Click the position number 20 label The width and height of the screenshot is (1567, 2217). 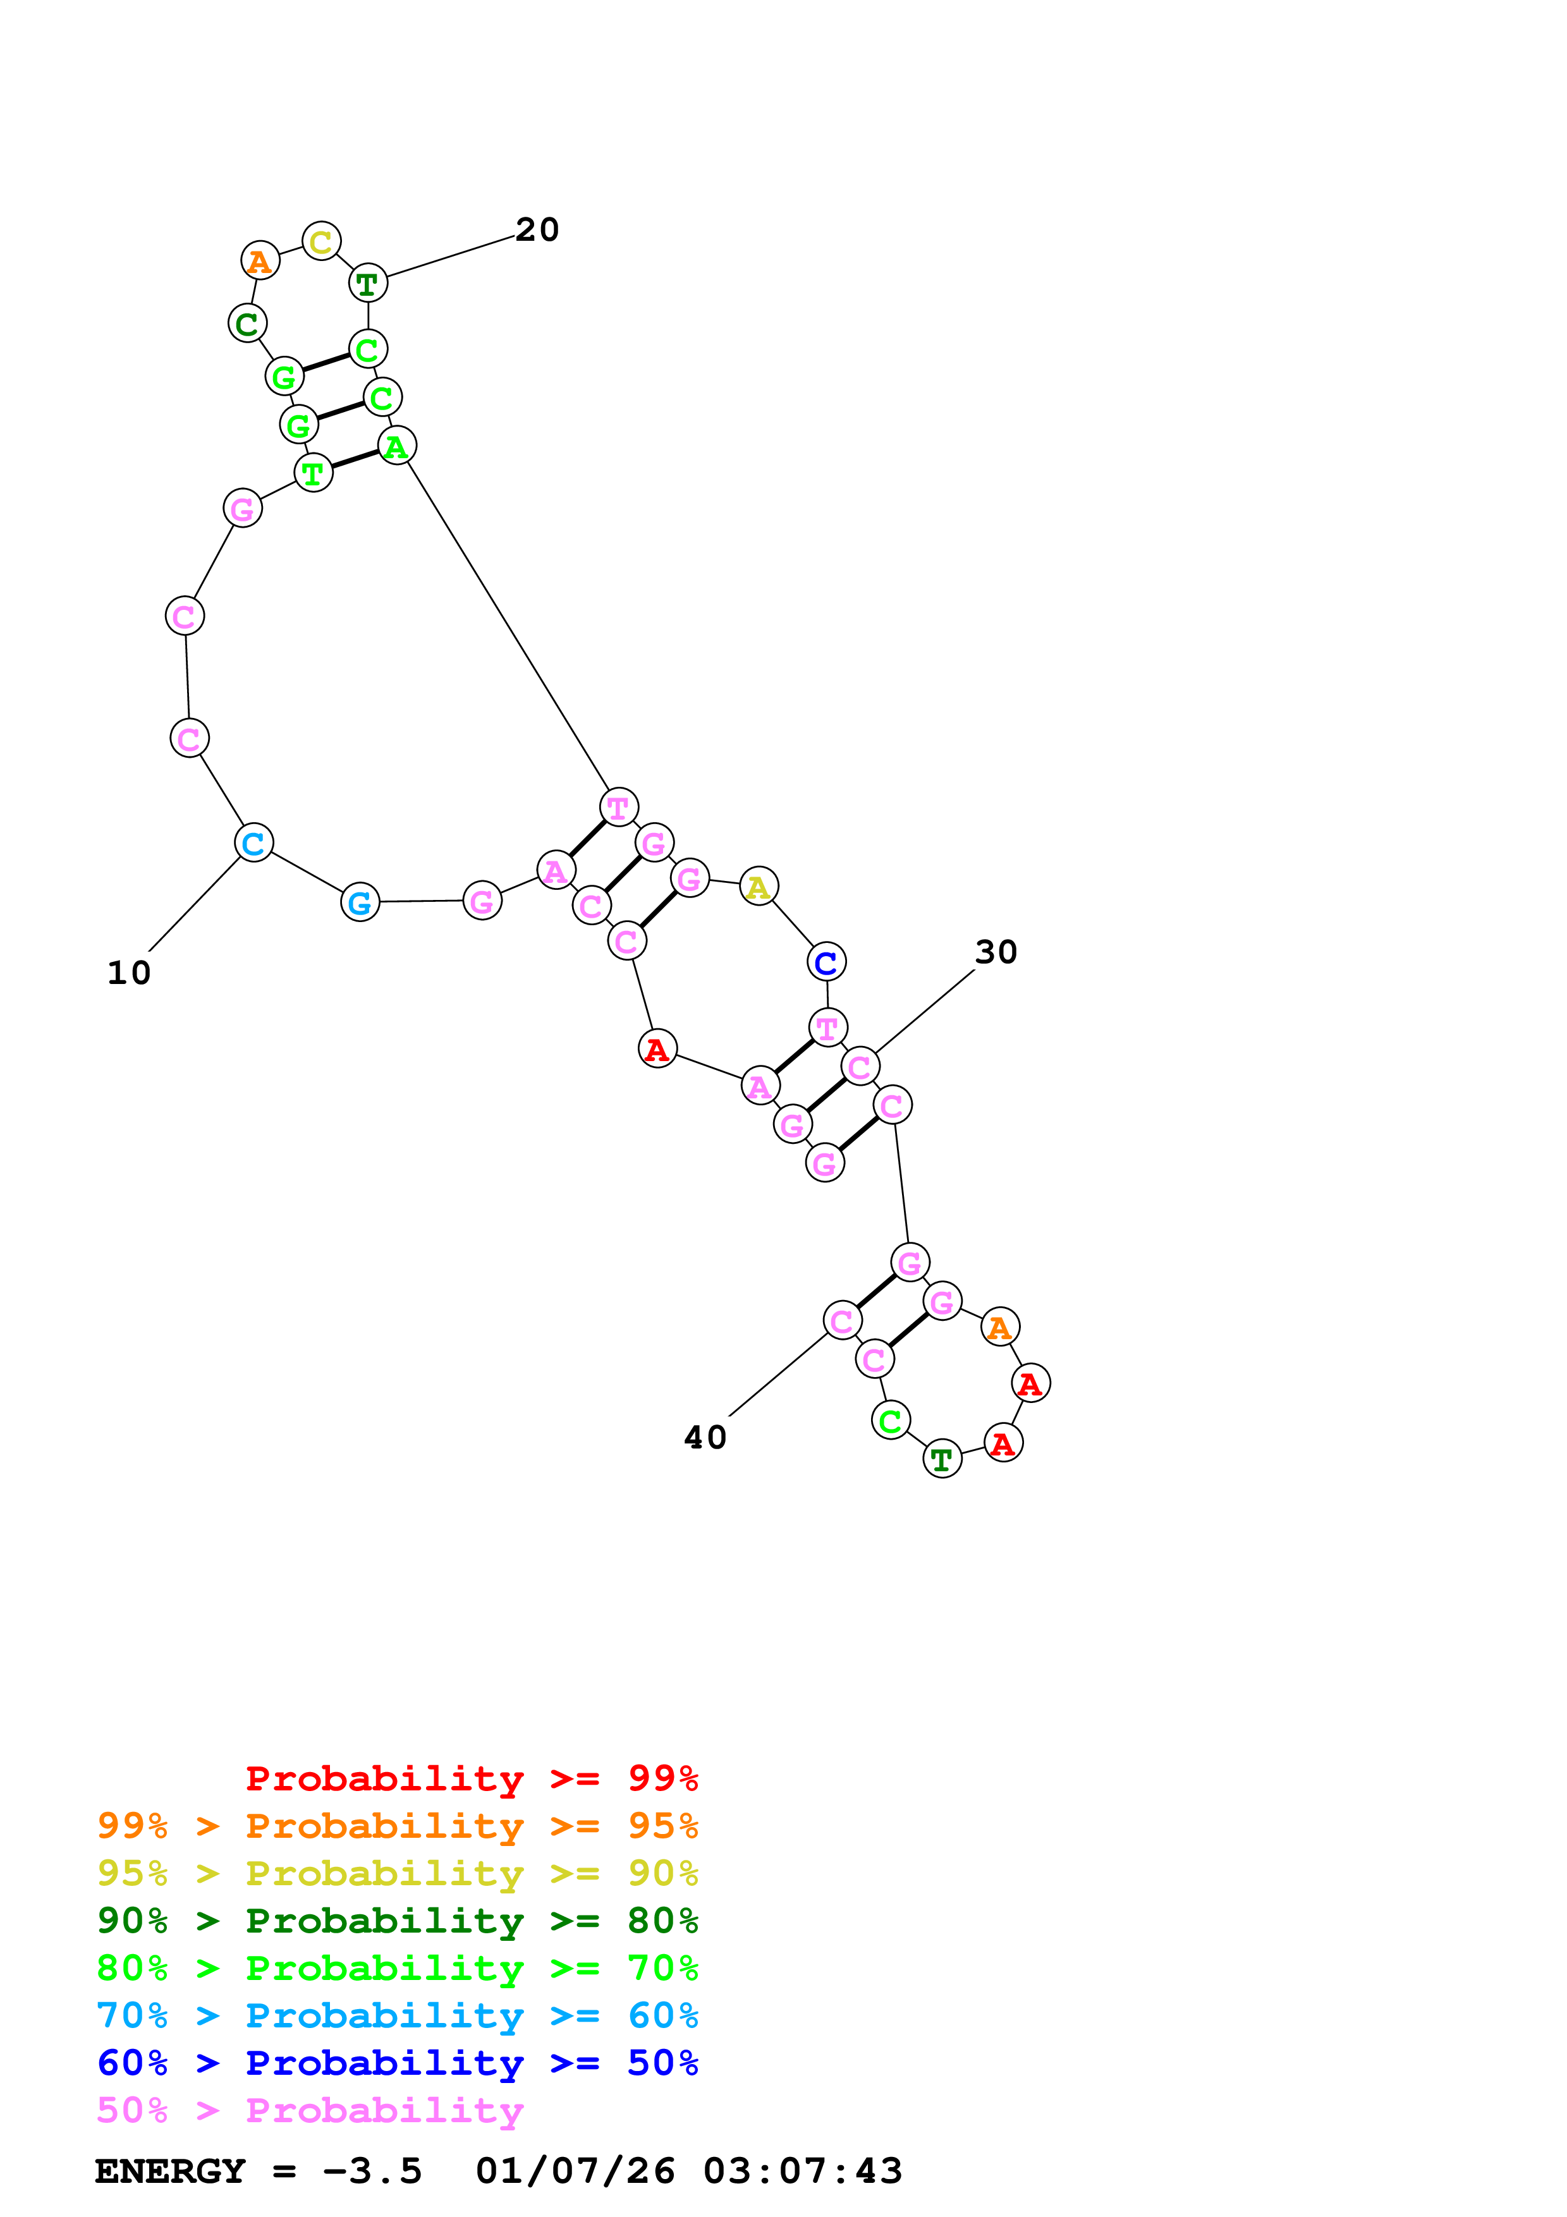coord(537,230)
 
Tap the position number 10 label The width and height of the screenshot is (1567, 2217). coord(128,973)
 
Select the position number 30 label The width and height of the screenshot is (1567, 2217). coord(996,952)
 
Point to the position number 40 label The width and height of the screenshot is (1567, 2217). coord(705,1438)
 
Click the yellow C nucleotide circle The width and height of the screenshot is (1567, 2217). coord(322,240)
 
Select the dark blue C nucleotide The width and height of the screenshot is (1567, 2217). coord(826,962)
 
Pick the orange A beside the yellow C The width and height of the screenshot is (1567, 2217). coord(260,261)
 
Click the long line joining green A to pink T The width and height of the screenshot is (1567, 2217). coord(508,626)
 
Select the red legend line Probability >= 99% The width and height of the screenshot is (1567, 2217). coord(471,1778)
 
